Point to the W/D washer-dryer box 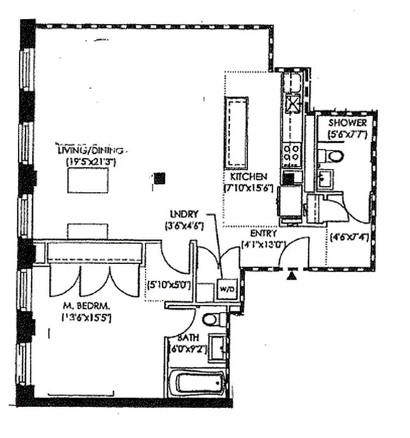coord(226,289)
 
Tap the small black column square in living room coord(160,177)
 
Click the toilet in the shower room coord(333,157)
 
